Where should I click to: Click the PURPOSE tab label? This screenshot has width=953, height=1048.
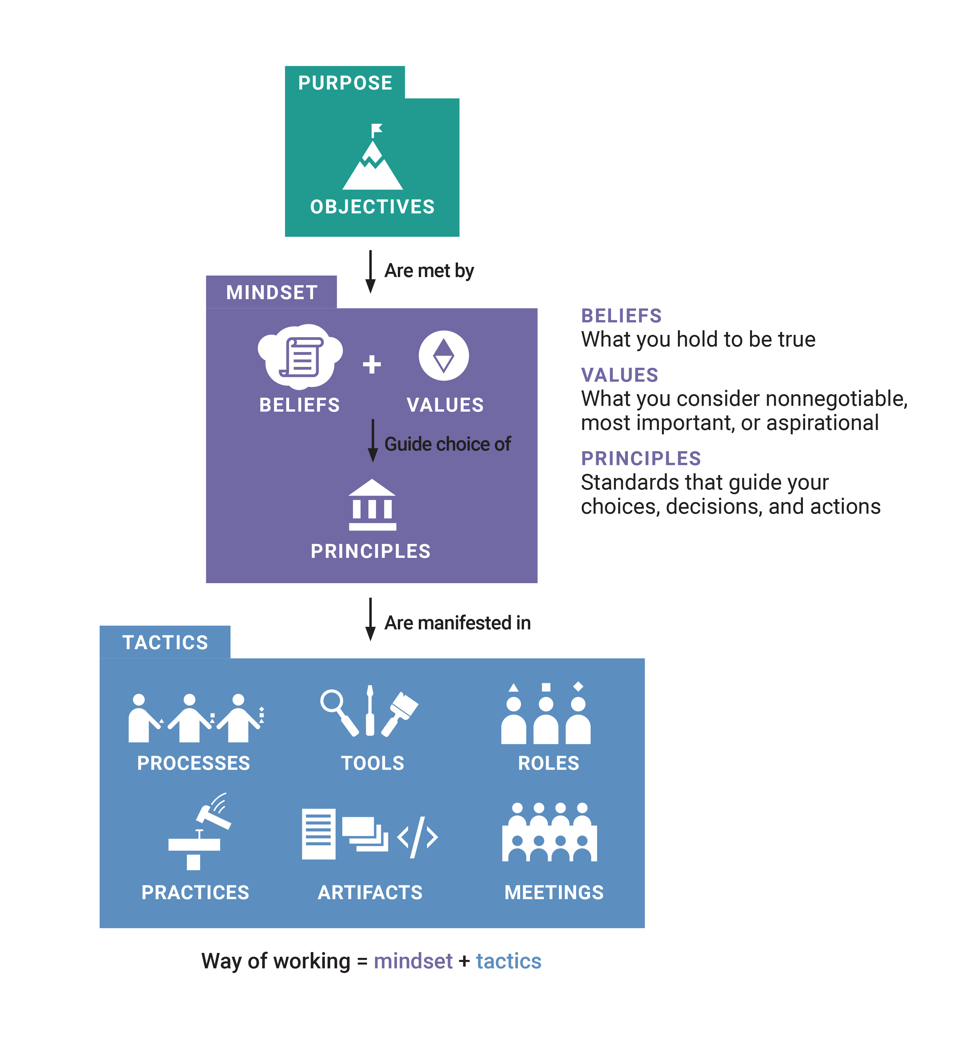(345, 83)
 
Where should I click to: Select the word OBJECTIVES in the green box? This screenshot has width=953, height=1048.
(372, 207)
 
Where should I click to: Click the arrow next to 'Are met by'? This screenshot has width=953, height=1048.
(370, 271)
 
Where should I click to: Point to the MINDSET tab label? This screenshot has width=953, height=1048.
(272, 292)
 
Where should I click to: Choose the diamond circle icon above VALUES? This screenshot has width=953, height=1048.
(443, 356)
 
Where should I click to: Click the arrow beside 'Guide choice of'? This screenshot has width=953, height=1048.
(373, 441)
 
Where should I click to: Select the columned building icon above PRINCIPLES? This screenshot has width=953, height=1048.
(372, 504)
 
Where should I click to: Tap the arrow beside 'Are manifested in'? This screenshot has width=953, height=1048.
(370, 619)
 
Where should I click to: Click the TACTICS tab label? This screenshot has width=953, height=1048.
(165, 642)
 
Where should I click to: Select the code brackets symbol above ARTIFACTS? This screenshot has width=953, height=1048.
(418, 838)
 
